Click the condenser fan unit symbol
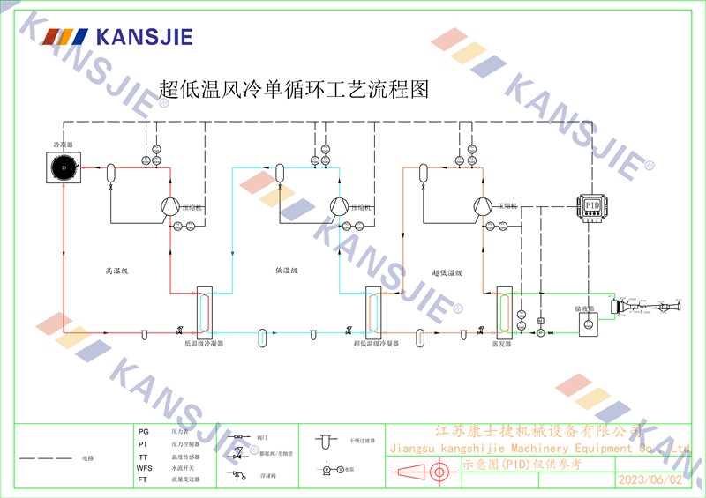tap(64, 167)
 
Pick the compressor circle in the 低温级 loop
tap(336, 205)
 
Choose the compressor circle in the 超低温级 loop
tap(482, 205)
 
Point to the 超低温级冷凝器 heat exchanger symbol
tap(372, 309)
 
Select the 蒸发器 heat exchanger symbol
tap(504, 309)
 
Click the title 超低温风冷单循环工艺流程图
tap(293, 89)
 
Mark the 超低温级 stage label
tap(447, 273)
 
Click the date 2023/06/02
tap(651, 479)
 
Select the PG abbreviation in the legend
tap(144, 432)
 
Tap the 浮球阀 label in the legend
tap(265, 476)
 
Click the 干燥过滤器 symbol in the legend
tap(326, 440)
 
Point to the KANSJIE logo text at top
tap(142, 38)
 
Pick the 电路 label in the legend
tap(86, 459)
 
